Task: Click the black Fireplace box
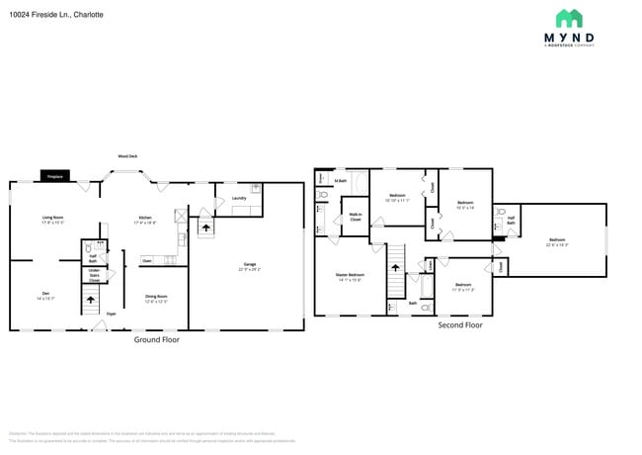click(x=55, y=177)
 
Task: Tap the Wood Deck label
click(x=127, y=156)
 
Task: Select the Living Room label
click(x=52, y=219)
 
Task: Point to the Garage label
click(x=250, y=265)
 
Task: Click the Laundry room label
click(x=239, y=199)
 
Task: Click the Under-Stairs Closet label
click(x=94, y=274)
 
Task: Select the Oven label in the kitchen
click(x=146, y=261)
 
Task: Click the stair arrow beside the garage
click(x=205, y=227)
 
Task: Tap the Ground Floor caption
click(x=156, y=339)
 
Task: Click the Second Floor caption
click(x=459, y=324)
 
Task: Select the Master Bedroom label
click(x=350, y=276)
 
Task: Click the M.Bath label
click(x=340, y=181)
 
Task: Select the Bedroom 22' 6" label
click(x=558, y=241)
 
